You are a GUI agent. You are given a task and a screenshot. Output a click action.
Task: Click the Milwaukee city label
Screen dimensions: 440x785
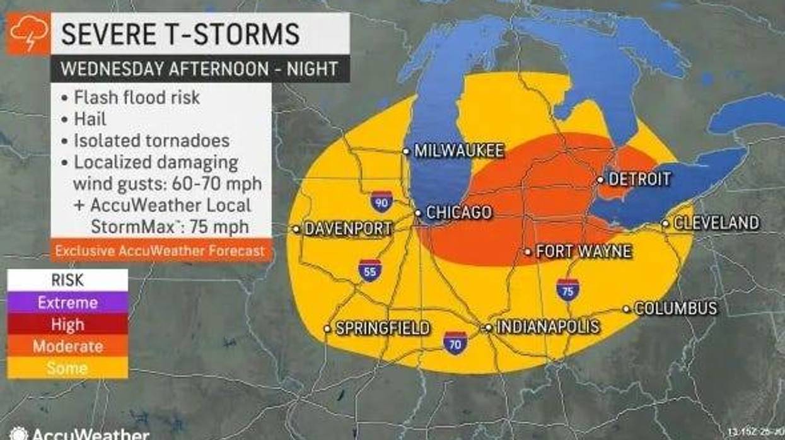(x=458, y=151)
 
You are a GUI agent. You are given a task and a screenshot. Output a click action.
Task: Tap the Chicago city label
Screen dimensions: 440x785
(x=458, y=212)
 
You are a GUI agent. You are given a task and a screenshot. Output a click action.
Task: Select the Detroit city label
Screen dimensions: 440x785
(x=639, y=179)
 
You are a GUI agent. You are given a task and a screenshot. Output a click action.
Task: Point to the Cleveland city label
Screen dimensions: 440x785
(x=716, y=223)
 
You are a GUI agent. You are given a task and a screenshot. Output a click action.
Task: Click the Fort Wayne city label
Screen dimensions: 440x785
(x=583, y=252)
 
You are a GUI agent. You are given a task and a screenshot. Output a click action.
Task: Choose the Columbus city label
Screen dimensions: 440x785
(x=675, y=308)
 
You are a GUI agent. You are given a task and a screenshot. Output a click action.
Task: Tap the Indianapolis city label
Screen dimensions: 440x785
(x=547, y=327)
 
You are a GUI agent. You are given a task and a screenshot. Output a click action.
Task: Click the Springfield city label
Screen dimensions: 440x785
(x=382, y=328)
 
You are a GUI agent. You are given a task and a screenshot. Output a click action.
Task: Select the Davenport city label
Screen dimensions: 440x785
(x=348, y=229)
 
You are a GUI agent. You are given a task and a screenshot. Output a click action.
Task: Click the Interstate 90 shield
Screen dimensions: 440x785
(x=381, y=201)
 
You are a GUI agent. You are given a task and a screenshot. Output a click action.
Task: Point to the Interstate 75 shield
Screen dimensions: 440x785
(x=567, y=289)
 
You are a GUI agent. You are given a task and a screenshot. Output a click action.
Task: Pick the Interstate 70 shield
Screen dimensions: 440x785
(x=455, y=342)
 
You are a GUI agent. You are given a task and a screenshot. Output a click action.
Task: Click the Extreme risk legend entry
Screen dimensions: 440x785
(x=67, y=303)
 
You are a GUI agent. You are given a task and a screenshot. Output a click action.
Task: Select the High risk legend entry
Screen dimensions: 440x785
(x=67, y=324)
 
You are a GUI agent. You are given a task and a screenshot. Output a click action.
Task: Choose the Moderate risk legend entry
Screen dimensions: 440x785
(x=67, y=346)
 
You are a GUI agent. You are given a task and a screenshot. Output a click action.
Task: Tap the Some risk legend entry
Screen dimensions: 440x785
(x=67, y=368)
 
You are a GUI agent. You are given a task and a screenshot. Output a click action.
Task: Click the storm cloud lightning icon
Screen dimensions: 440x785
(x=28, y=33)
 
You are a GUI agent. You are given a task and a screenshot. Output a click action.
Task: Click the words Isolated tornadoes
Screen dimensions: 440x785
(x=151, y=141)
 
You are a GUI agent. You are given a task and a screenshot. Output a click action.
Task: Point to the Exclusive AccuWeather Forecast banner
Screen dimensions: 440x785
(x=160, y=251)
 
